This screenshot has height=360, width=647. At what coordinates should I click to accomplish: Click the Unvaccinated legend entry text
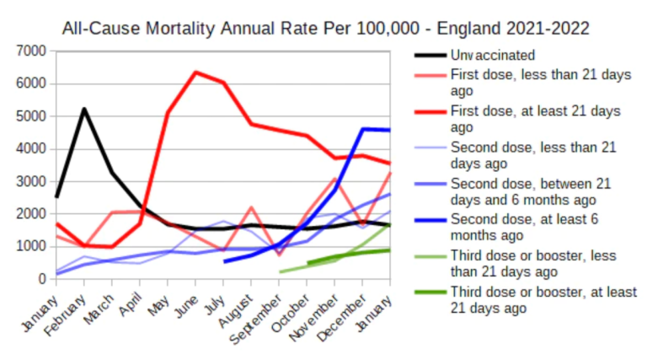492,56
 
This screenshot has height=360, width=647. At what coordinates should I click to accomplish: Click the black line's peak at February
84,109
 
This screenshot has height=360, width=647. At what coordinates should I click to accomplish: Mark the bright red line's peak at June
195,72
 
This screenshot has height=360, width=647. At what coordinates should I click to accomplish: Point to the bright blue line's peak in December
363,129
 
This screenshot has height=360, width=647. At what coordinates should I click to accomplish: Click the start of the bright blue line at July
224,261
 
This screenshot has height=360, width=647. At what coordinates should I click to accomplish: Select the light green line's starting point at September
280,271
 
